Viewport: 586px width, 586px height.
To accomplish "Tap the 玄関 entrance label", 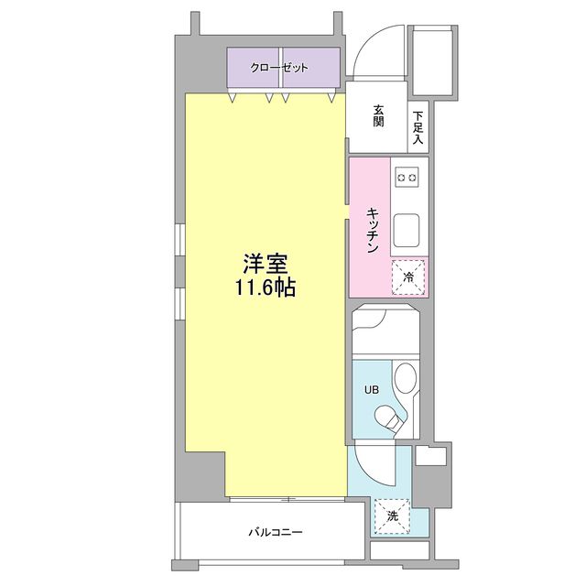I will (378, 116).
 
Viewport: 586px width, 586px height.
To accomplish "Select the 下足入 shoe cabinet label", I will (418, 128).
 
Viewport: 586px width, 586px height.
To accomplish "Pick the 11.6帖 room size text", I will (266, 288).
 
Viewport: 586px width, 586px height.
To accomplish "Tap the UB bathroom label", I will (371, 389).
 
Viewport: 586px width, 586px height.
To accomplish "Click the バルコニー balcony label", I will (275, 532).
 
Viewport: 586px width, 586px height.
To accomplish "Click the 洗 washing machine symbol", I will (392, 515).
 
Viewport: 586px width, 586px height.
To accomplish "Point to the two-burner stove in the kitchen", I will (407, 174).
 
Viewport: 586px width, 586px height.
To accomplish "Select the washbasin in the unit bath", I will (404, 379).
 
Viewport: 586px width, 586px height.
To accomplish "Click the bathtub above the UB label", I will (385, 333).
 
